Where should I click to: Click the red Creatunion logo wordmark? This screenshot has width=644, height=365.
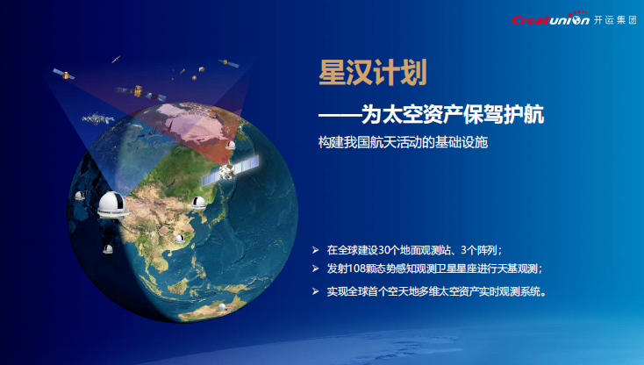click(550, 19)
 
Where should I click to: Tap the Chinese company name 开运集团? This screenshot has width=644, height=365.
click(615, 19)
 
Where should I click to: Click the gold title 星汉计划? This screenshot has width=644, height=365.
click(373, 72)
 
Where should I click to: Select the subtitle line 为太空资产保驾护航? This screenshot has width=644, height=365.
click(453, 114)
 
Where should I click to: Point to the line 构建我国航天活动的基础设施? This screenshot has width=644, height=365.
click(403, 142)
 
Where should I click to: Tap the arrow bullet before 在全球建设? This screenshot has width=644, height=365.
click(316, 250)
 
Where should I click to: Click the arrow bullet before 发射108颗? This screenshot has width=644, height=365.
click(316, 268)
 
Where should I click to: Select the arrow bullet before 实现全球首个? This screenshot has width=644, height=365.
click(316, 291)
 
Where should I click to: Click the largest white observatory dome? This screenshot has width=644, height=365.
click(112, 204)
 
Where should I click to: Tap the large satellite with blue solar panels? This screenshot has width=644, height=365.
click(231, 169)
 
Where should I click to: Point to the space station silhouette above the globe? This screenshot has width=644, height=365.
click(97, 119)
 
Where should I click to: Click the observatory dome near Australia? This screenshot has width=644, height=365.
click(222, 307)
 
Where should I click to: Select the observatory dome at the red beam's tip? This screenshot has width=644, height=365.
click(231, 145)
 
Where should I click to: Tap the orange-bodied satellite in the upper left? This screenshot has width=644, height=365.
click(64, 75)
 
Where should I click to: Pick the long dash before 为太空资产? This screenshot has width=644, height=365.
click(340, 115)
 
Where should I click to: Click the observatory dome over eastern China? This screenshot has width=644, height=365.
click(198, 203)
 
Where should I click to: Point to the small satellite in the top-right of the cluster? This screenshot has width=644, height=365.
click(228, 63)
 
